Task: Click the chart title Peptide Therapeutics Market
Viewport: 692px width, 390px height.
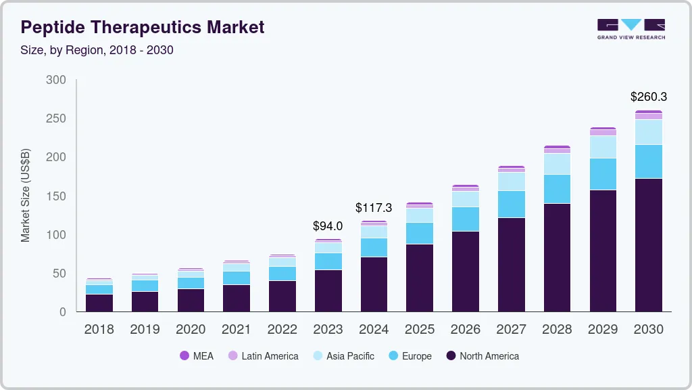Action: tap(143, 28)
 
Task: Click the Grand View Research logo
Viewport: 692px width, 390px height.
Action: tap(631, 28)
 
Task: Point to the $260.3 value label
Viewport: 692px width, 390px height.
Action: tap(649, 97)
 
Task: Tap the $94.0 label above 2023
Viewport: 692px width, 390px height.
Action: tap(328, 226)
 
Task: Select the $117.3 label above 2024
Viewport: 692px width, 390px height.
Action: tap(374, 208)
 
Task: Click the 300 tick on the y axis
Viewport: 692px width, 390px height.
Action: tap(56, 80)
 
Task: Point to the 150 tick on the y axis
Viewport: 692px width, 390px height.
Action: tap(56, 196)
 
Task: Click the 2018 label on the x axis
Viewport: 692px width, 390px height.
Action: tap(99, 330)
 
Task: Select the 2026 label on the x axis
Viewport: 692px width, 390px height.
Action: tap(466, 330)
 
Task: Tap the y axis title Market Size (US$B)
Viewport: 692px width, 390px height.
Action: tap(26, 194)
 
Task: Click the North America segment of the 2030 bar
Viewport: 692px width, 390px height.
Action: tap(649, 244)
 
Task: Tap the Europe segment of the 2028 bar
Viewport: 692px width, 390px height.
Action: tap(557, 189)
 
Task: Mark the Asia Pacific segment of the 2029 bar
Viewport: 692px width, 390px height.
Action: tap(603, 147)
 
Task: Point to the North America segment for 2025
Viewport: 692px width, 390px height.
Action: tap(420, 278)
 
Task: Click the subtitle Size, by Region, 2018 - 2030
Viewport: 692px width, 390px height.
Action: tap(97, 50)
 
